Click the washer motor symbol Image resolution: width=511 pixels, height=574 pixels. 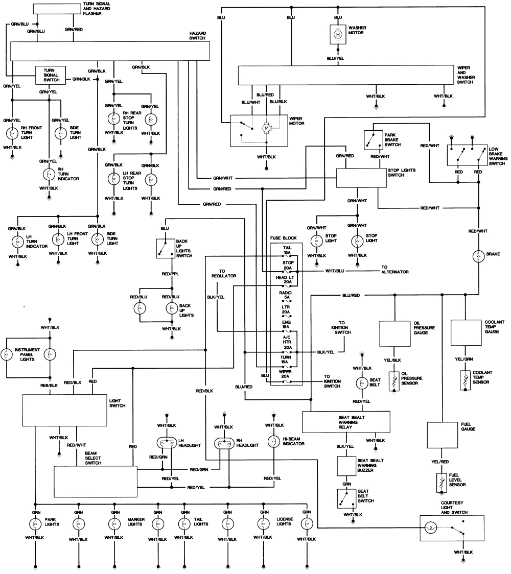pos(338,34)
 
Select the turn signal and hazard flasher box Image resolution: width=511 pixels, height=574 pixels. pos(56,9)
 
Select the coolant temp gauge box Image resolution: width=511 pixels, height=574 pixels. pos(465,332)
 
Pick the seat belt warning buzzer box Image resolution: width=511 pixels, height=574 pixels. pos(350,466)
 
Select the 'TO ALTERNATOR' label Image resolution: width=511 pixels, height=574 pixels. pos(394,269)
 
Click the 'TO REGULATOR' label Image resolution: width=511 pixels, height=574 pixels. pos(224,273)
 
